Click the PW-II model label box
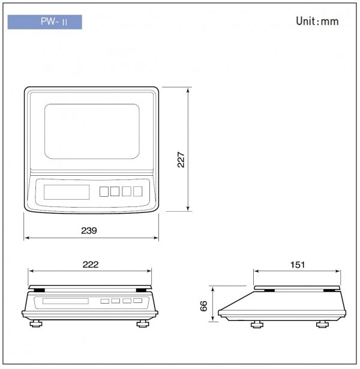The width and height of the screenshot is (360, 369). click(x=44, y=23)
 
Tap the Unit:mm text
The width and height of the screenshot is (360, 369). click(x=317, y=22)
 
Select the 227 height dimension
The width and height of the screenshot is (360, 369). click(x=181, y=158)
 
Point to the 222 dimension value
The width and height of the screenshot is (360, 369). click(x=90, y=264)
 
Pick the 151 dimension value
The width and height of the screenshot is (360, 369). click(x=298, y=264)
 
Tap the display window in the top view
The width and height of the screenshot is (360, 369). click(x=67, y=192)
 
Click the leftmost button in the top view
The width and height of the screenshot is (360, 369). click(x=103, y=191)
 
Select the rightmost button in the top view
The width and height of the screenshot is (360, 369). click(x=137, y=191)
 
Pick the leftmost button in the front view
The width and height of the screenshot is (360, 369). click(x=104, y=301)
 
